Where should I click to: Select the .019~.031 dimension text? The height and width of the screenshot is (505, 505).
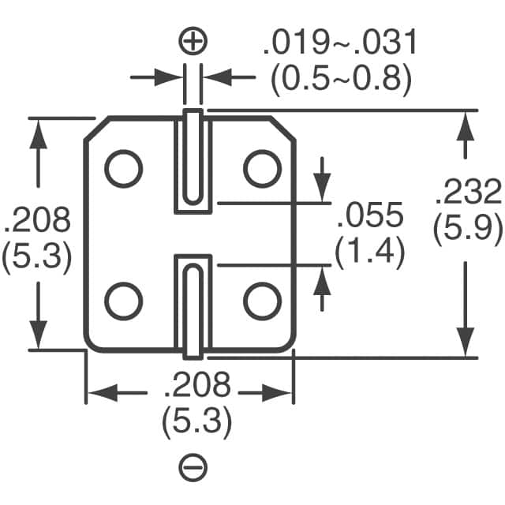(x=339, y=43)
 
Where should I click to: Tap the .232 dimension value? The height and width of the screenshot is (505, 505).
(x=468, y=193)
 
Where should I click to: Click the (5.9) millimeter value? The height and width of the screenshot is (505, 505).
(x=468, y=228)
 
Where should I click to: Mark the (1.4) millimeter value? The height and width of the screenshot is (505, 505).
(x=370, y=252)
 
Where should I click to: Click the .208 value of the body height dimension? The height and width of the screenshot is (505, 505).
(x=37, y=219)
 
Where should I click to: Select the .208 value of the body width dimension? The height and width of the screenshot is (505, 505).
(x=196, y=387)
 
